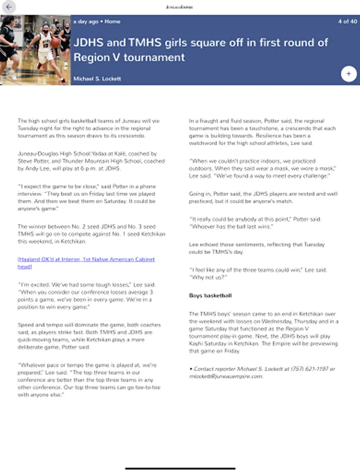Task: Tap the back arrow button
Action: [9, 7]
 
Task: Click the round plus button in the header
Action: [348, 74]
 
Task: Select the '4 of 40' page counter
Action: [347, 22]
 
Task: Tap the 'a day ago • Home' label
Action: [97, 22]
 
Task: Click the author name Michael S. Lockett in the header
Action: [97, 79]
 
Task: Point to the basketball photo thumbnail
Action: [35, 50]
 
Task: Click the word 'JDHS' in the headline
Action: [90, 42]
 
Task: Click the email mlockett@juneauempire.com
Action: [226, 376]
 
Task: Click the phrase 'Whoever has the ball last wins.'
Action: [229, 226]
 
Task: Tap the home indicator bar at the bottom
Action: [180, 467]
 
